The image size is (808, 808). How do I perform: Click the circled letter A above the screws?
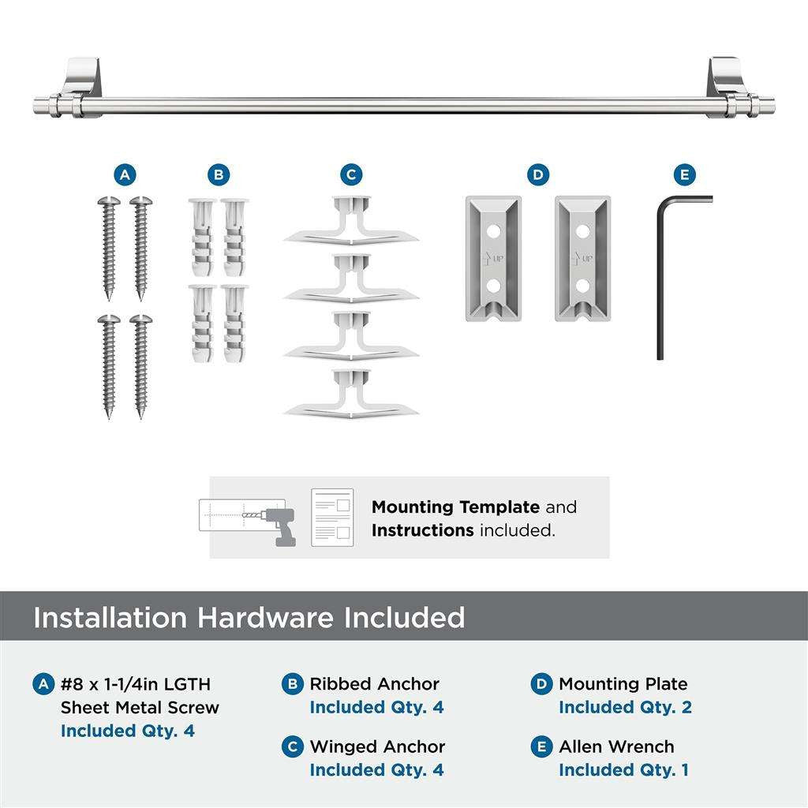point(124,174)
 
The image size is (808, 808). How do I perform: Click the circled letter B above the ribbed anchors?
point(219,174)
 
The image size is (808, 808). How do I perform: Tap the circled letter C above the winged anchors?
point(351,174)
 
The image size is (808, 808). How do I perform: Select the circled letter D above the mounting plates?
point(538,174)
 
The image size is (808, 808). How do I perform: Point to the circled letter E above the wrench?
point(684,174)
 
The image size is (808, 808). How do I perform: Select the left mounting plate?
point(493,259)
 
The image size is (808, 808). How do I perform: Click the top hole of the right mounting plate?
point(583,231)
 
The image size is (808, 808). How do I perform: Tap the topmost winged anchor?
point(351,221)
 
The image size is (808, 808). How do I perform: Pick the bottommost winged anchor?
point(351,393)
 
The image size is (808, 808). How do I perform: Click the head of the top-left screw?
point(108,203)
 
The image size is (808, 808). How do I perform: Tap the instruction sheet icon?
point(331,517)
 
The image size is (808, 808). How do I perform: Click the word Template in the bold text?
point(500,507)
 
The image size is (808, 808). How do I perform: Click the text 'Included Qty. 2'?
point(625,707)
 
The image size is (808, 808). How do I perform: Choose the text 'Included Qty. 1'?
point(623,769)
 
